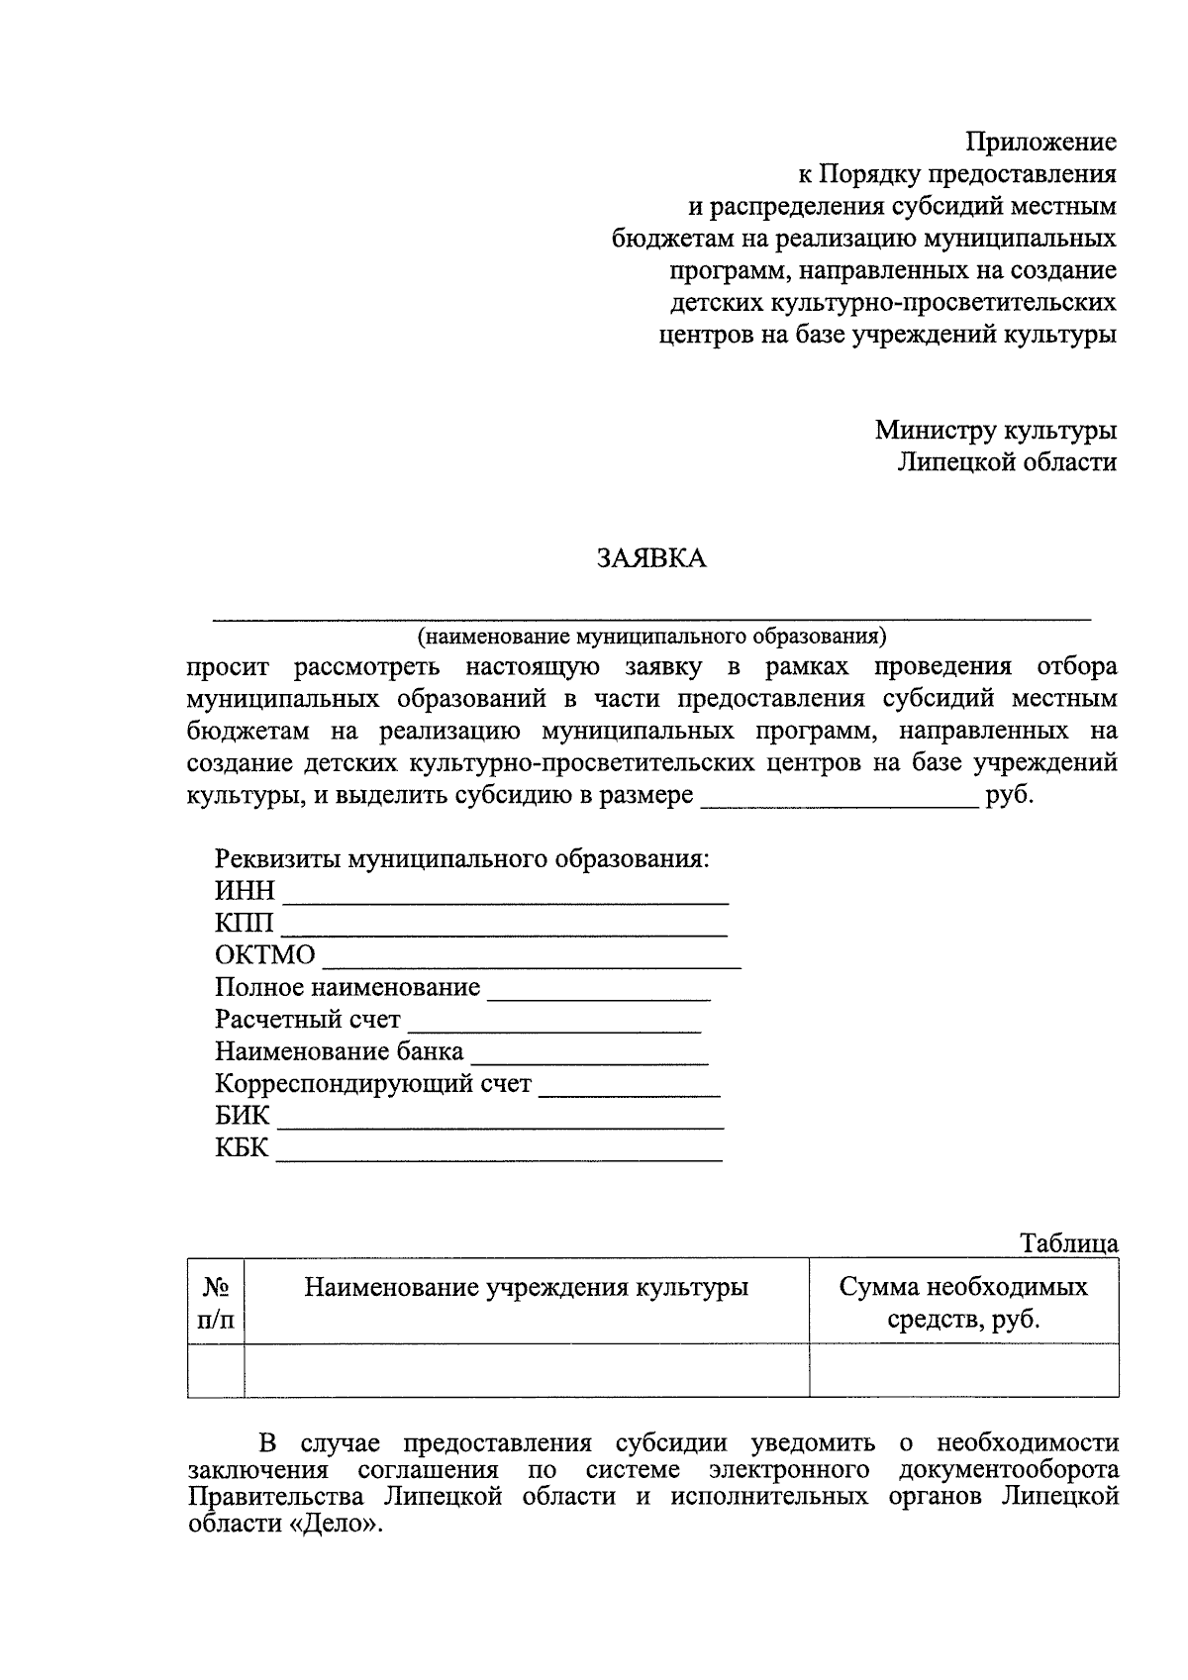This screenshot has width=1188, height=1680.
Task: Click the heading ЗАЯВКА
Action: click(651, 559)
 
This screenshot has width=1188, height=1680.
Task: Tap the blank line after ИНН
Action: click(506, 897)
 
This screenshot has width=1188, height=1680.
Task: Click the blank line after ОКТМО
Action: click(533, 960)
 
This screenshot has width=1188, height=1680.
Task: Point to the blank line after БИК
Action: click(500, 1122)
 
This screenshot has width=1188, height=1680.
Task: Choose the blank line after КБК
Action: click(499, 1153)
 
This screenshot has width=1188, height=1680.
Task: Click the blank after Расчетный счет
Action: click(554, 1025)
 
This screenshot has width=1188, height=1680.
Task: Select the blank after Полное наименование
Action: click(599, 993)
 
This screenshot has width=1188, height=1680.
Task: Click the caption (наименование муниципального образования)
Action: click(651, 635)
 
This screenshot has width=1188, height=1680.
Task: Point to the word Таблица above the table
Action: click(1069, 1243)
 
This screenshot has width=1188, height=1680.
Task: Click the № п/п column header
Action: click(216, 1302)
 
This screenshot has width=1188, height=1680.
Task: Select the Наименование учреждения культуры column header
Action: click(526, 1287)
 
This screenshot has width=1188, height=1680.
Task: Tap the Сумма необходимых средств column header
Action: click(963, 1302)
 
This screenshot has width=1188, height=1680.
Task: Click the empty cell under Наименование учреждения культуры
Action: click(526, 1370)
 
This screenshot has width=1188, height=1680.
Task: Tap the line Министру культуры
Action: click(995, 430)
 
